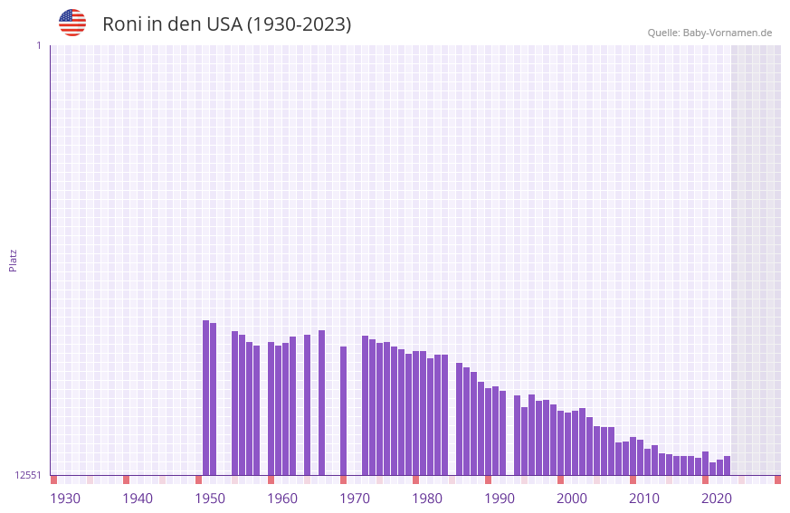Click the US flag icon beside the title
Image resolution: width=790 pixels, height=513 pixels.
(72, 23)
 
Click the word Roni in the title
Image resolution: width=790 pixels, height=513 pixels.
(122, 24)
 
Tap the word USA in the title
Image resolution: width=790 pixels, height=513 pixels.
(224, 24)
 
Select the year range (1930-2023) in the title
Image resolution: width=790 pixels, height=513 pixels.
(299, 24)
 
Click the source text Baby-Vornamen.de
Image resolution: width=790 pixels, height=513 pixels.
(728, 33)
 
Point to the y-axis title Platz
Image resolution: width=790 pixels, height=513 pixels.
(13, 261)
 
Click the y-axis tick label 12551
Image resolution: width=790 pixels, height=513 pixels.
(28, 475)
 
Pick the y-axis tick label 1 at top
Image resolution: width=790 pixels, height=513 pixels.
(38, 45)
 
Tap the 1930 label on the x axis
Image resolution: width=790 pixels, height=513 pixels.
(65, 499)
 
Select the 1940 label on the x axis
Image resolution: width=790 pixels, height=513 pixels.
(138, 499)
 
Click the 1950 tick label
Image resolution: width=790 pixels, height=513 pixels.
(210, 499)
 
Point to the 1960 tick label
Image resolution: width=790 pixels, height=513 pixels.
(282, 499)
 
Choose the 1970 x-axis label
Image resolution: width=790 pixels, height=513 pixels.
(355, 499)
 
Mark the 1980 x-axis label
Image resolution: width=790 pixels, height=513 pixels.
(427, 499)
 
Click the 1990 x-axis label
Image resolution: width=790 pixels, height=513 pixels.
(500, 499)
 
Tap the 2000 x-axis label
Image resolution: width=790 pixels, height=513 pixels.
(572, 499)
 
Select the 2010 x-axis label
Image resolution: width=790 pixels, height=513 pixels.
(644, 499)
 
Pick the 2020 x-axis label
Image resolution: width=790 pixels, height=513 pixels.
(717, 499)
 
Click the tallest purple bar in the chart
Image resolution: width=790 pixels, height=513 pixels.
(206, 398)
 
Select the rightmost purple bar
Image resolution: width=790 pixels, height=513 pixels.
(727, 466)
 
